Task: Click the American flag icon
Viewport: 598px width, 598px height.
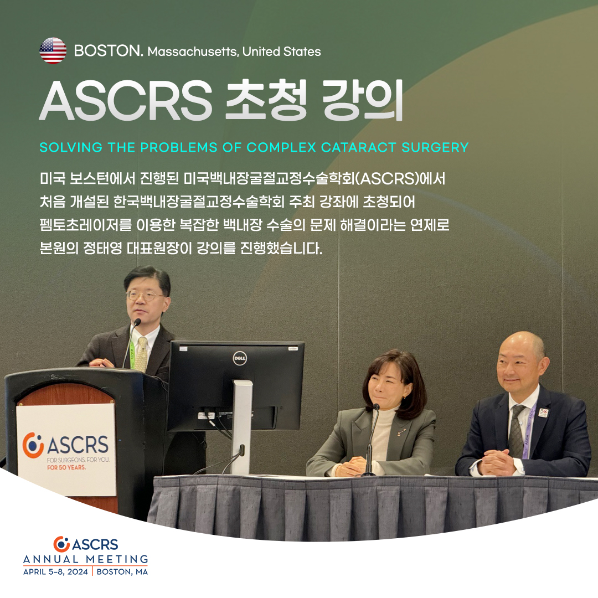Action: click(53, 51)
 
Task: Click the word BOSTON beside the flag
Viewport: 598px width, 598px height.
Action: click(109, 51)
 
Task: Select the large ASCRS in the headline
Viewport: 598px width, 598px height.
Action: click(126, 100)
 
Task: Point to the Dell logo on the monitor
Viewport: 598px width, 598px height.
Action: click(240, 358)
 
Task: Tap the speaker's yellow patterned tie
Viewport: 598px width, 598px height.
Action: click(142, 355)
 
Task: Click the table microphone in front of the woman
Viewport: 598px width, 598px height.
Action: click(370, 439)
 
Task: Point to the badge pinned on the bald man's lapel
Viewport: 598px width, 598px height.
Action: click(543, 413)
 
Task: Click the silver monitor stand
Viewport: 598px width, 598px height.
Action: click(241, 427)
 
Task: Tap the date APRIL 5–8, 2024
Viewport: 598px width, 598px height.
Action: click(56, 571)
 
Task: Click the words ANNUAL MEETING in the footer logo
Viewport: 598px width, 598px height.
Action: click(86, 559)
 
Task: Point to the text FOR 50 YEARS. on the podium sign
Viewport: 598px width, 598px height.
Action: click(66, 467)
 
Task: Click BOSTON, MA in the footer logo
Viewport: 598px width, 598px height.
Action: click(122, 571)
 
